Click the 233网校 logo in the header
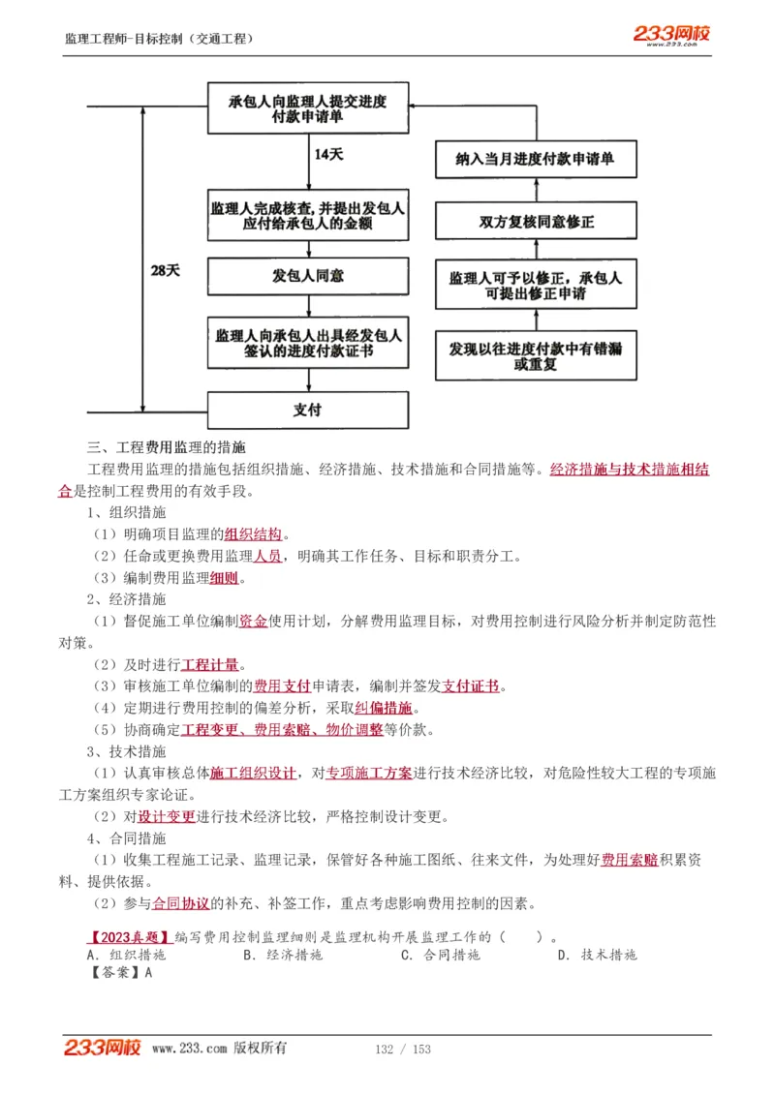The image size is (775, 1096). click(x=671, y=35)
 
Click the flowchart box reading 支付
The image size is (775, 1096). click(x=307, y=410)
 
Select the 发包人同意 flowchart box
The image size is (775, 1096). click(x=307, y=276)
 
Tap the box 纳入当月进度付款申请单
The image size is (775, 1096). click(x=535, y=160)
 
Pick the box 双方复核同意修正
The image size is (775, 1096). click(x=535, y=222)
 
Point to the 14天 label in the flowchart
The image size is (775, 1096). click(x=328, y=155)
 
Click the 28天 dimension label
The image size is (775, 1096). click(x=165, y=271)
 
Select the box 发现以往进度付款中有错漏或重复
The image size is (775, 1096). click(x=535, y=355)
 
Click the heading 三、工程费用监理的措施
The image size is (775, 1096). click(x=166, y=447)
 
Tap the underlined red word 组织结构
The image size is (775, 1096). click(x=253, y=533)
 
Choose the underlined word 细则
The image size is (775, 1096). click(x=224, y=578)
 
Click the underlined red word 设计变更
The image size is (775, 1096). click(x=166, y=816)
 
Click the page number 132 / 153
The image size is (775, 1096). click(x=402, y=1049)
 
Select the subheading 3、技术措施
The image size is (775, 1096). click(x=126, y=751)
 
